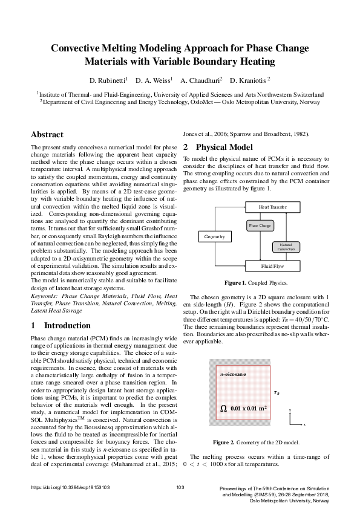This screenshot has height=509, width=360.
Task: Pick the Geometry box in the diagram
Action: pos(214,236)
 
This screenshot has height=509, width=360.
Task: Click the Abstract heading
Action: pos(47,134)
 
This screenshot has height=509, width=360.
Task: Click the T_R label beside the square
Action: pos(277,392)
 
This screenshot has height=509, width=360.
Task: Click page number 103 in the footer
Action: pos(180,487)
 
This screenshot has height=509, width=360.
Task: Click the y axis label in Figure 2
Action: pos(290,410)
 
